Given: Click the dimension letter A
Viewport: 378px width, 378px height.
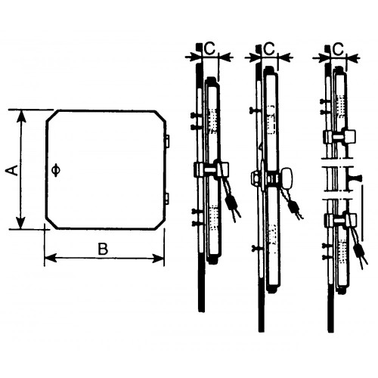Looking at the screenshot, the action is tap(12, 171).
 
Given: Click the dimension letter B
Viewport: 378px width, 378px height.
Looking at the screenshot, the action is tap(103, 249).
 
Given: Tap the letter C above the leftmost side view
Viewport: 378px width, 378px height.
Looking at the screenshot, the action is tap(209, 48).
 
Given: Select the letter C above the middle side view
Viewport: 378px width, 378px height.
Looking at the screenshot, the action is tap(269, 48).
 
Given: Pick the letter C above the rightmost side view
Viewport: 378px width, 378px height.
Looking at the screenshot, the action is tap(338, 49).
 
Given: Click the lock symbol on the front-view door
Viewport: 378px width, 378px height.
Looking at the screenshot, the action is tap(55, 169).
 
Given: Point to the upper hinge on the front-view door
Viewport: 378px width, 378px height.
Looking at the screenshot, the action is tap(168, 141).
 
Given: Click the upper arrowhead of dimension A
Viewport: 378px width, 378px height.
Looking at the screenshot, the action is tap(21, 116).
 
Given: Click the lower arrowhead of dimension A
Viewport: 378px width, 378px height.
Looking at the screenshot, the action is tap(21, 222).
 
